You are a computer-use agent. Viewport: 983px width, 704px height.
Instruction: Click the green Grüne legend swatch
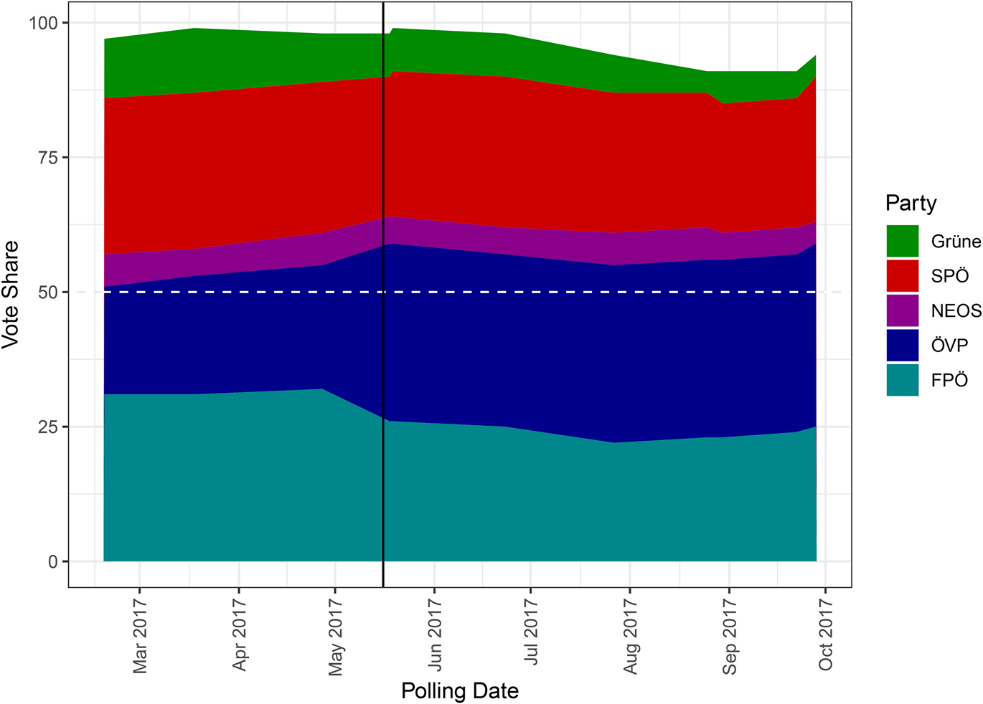coord(902,241)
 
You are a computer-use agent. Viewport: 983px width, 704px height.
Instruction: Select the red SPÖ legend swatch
coord(902,276)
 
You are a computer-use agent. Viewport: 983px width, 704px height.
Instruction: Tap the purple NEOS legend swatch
coord(902,310)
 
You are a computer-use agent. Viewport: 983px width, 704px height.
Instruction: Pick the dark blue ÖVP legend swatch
coord(902,345)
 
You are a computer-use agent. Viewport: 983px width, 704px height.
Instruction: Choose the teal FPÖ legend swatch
coord(902,380)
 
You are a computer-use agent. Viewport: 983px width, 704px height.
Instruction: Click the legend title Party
coord(911,203)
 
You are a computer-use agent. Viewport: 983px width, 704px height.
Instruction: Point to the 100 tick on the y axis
coord(42,23)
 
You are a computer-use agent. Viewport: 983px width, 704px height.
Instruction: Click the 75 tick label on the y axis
coord(47,158)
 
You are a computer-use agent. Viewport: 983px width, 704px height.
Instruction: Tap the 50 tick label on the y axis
coord(47,292)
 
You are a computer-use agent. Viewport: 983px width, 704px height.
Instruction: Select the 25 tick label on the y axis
coord(47,427)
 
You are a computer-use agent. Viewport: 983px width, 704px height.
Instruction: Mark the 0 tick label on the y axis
coord(52,562)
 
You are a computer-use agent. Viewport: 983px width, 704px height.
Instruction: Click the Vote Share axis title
coord(11,295)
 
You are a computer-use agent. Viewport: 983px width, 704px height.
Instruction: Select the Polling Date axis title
coord(459,691)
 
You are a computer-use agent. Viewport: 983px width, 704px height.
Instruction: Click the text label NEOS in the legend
coord(956,310)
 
